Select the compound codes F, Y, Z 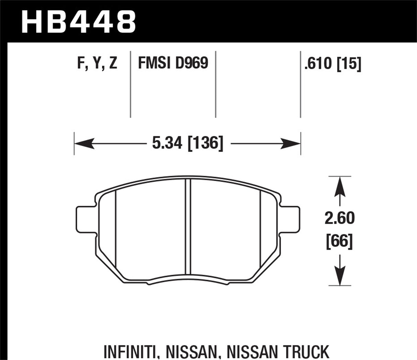97,64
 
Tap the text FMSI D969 173,63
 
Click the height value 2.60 339,218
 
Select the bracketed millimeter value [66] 339,242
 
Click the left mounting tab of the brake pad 84,219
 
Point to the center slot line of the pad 188,227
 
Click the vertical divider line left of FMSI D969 131,84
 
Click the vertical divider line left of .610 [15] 301,84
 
